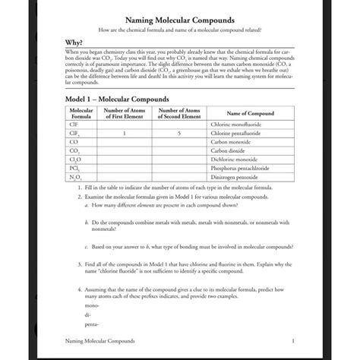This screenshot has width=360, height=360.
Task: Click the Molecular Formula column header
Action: pyautogui.click(x=81, y=113)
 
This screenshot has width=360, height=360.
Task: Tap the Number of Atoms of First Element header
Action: pyautogui.click(x=123, y=113)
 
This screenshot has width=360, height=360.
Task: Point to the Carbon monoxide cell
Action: pyautogui.click(x=232, y=142)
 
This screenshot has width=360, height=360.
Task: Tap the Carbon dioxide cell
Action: pyautogui.click(x=230, y=150)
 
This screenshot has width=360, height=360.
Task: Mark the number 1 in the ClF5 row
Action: pyautogui.click(x=123, y=133)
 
